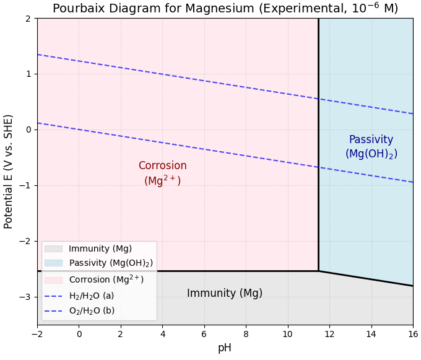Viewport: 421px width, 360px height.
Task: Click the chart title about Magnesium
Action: coord(225,9)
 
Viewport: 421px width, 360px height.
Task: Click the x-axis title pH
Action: coord(225,348)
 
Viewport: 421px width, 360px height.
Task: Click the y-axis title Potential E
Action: coord(9,172)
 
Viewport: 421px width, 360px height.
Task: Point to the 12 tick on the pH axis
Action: coord(329,335)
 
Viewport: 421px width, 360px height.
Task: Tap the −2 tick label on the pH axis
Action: coord(37,335)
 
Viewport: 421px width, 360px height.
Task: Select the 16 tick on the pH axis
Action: coord(413,335)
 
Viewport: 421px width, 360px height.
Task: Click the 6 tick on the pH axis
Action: coord(204,335)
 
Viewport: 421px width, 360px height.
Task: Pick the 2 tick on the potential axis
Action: coord(28,19)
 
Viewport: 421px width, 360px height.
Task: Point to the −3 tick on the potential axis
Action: coord(25,297)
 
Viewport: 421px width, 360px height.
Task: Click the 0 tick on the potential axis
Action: coord(28,130)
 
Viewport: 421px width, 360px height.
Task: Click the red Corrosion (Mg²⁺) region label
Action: coord(162,173)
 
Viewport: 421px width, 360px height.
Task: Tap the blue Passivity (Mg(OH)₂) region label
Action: coord(371,147)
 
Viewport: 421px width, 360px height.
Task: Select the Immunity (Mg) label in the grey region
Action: coord(225,294)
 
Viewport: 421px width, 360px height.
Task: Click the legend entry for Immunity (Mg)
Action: coord(100,249)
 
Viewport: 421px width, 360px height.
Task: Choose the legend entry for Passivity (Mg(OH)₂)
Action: coord(110,263)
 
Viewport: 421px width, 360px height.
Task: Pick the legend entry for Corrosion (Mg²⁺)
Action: coord(106,279)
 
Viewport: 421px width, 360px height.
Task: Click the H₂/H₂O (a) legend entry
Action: coord(91,296)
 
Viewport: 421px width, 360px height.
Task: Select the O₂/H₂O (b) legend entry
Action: coord(91,311)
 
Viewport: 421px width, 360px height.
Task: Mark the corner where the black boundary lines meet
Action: coord(319,271)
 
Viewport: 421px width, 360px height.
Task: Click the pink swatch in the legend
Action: coord(53,280)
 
